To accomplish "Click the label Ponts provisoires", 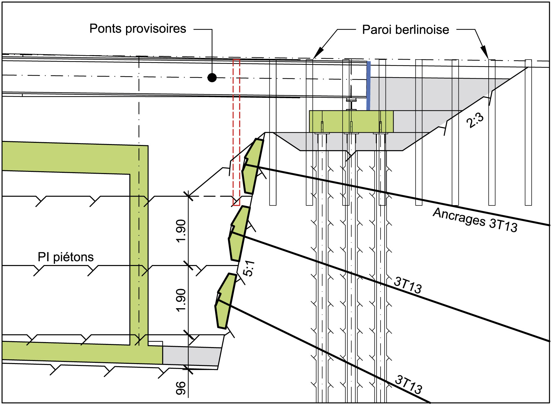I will (x=138, y=29).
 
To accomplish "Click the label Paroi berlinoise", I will (x=405, y=30).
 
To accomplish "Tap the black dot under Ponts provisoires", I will (x=212, y=78).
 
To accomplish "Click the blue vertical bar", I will (x=368, y=86).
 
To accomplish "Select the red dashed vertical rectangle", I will (x=236, y=133).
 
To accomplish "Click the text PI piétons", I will (x=65, y=257).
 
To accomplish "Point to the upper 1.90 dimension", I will (x=181, y=231).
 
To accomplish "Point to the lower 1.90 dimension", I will (x=181, y=300).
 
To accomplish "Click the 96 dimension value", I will (x=181, y=388).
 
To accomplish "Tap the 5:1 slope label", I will (x=249, y=268).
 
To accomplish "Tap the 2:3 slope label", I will (x=475, y=120).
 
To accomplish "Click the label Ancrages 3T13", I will (x=475, y=220).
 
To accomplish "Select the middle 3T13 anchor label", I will (x=408, y=285).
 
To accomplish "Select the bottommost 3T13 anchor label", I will (x=408, y=384).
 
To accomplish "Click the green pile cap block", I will (x=351, y=122).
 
